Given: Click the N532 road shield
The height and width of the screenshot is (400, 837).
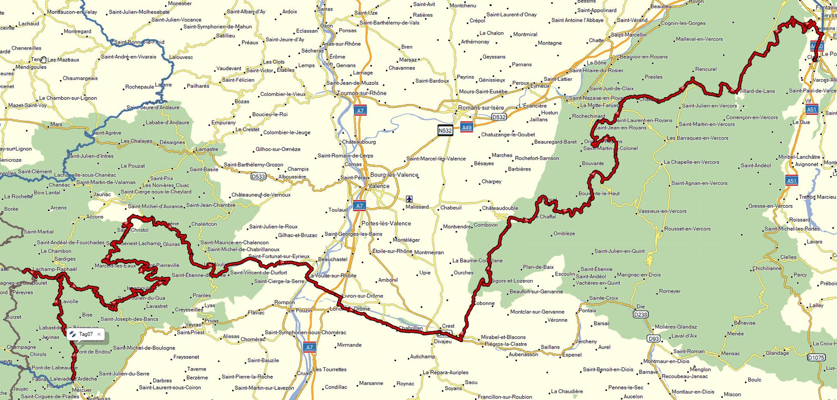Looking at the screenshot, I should coord(445,131).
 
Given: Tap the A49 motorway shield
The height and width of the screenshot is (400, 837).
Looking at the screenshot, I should coord(466,127).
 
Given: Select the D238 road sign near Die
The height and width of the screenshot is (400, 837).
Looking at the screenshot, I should coord(640,315).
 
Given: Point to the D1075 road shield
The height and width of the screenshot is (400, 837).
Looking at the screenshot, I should coord(816,358).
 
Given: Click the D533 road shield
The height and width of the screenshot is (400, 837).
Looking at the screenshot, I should coord(258,177).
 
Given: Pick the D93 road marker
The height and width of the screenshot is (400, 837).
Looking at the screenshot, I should coord(653,338).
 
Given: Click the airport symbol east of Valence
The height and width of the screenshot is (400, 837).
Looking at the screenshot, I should coord(409,199).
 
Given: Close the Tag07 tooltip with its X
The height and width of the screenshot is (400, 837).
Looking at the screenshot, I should coord(99,334).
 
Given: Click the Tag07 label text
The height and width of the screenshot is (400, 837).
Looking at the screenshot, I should coord(86,334).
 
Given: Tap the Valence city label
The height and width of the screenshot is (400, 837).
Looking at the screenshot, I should coord(379,186).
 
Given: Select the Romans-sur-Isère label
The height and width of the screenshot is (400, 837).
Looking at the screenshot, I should coord(481,108).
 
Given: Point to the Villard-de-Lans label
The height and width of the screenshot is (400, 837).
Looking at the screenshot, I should coord(756,91).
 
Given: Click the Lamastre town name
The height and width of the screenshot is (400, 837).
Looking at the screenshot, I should coord(207,149).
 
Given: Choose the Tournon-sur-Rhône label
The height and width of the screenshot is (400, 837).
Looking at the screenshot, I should coord(362,93).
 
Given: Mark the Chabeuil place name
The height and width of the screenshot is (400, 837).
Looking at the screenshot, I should coord(451,208).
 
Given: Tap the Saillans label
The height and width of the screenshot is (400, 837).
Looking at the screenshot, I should coord(550,347).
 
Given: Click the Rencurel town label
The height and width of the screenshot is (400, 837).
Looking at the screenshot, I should coord(706,69).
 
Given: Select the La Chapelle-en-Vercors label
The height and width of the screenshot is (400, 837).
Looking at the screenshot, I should coord(692,162).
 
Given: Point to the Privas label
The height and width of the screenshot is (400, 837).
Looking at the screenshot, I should coord(212,321).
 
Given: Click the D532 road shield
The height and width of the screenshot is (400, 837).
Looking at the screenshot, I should coord(499,117).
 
